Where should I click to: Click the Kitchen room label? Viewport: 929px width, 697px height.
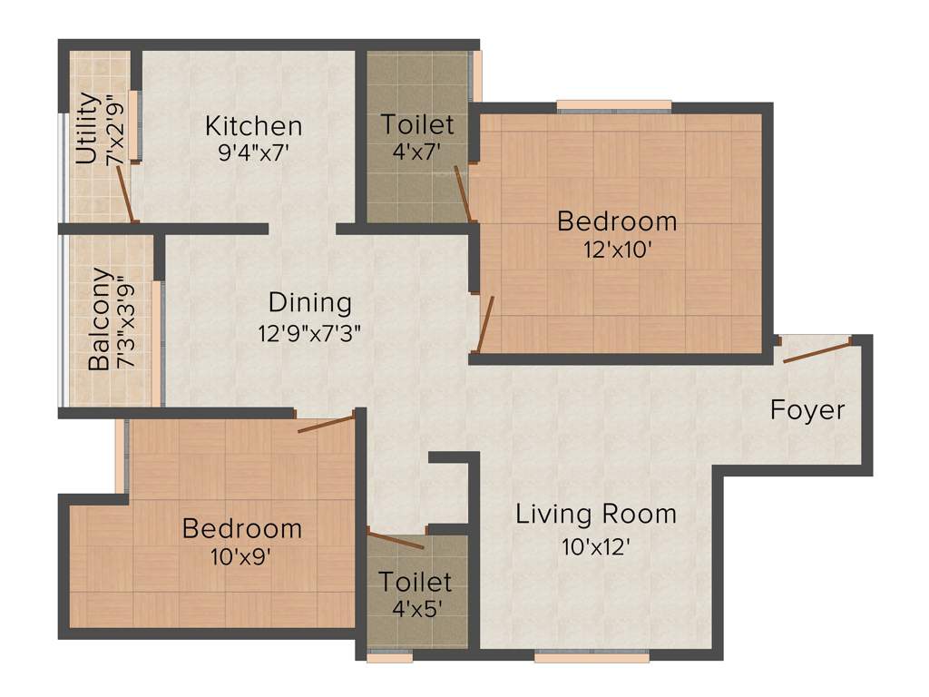[253, 125]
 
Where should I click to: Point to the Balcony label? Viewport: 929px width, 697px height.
[101, 319]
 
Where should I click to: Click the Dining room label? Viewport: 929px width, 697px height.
[309, 302]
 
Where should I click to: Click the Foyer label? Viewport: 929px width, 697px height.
[807, 410]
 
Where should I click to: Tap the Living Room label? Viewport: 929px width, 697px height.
[596, 515]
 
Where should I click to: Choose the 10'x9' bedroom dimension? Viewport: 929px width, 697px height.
[240, 555]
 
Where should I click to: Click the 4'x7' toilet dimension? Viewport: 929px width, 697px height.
[417, 152]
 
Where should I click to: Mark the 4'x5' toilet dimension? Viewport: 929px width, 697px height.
[416, 608]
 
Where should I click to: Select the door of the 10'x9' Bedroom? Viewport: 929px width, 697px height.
[326, 423]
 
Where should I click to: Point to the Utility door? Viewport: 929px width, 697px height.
[126, 194]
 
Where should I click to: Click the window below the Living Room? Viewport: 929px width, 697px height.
[591, 656]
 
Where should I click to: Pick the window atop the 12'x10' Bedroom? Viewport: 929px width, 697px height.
[614, 106]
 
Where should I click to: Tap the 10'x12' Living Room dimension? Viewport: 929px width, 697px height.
[596, 546]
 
